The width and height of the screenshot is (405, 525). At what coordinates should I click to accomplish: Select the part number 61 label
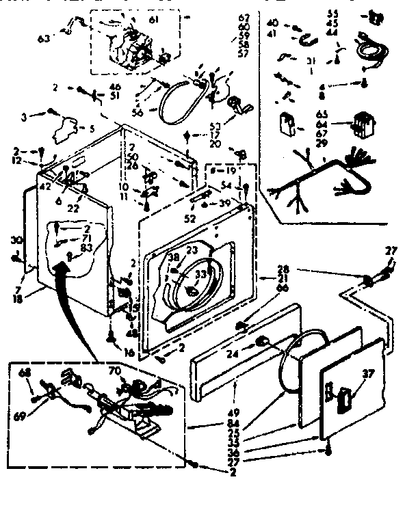tap(153, 21)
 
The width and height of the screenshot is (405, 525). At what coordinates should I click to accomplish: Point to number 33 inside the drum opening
tap(200, 275)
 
